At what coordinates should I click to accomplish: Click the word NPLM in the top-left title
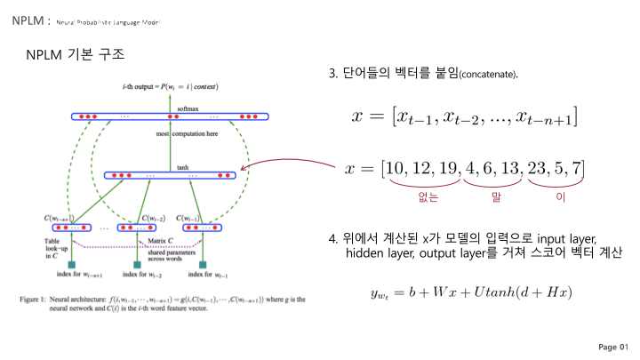coord(24,20)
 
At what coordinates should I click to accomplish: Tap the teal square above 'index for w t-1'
coord(204,265)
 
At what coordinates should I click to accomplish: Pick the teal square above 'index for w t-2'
coord(136,265)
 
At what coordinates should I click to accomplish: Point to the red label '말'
coord(496,198)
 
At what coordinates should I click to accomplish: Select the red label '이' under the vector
coord(560,198)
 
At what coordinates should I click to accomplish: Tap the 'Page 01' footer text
coord(613,346)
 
